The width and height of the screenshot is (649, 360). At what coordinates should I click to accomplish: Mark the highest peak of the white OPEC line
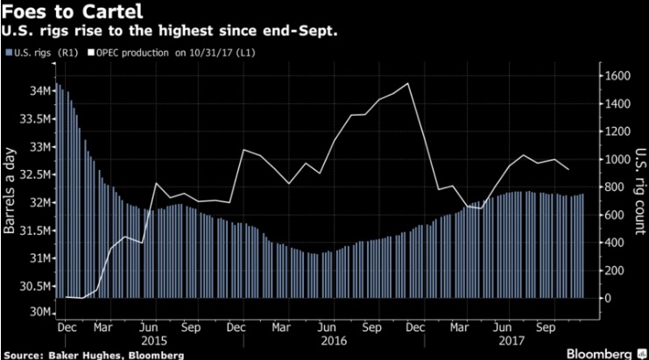pyautogui.click(x=407, y=84)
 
